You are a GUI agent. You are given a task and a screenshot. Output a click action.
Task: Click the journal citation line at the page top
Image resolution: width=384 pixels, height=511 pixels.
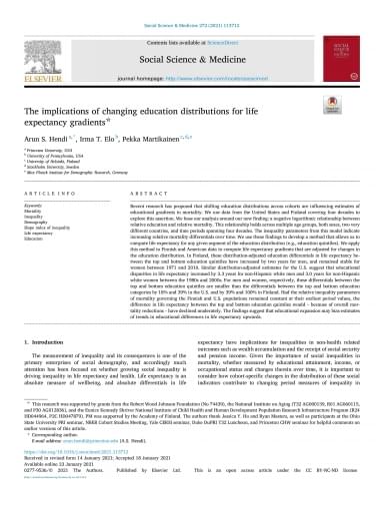tap(191, 7)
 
